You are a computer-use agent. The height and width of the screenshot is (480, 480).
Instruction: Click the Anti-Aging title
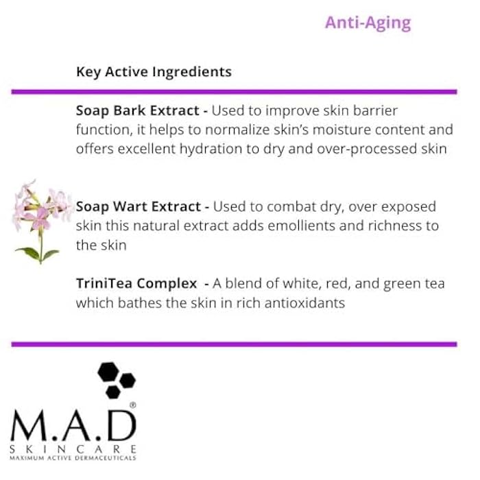click(368, 23)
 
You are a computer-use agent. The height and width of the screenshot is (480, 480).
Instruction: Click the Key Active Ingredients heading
click(154, 72)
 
